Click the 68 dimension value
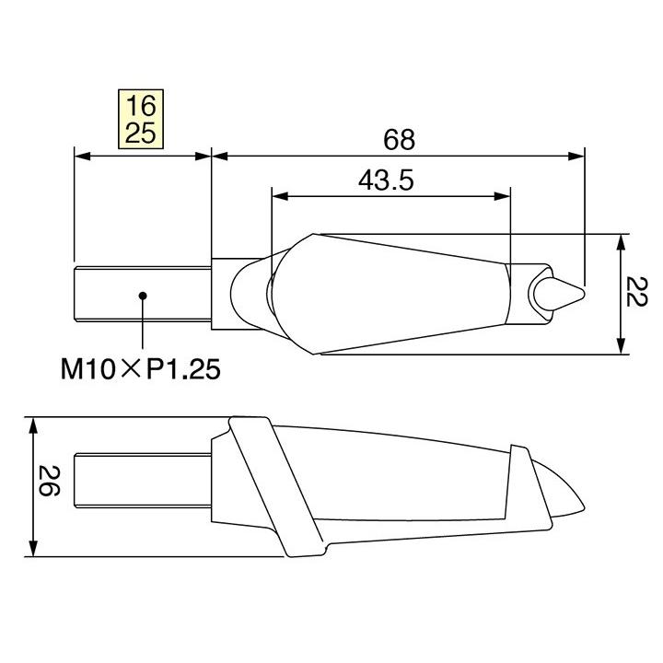point(399,140)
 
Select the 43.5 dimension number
point(386,180)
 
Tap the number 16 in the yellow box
point(141,106)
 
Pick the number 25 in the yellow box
point(141,133)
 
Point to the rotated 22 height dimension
point(635,291)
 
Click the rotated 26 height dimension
point(49,481)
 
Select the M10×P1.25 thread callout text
point(141,369)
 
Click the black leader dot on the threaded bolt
point(143,296)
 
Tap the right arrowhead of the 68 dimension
point(576,157)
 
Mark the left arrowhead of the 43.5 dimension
point(280,196)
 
